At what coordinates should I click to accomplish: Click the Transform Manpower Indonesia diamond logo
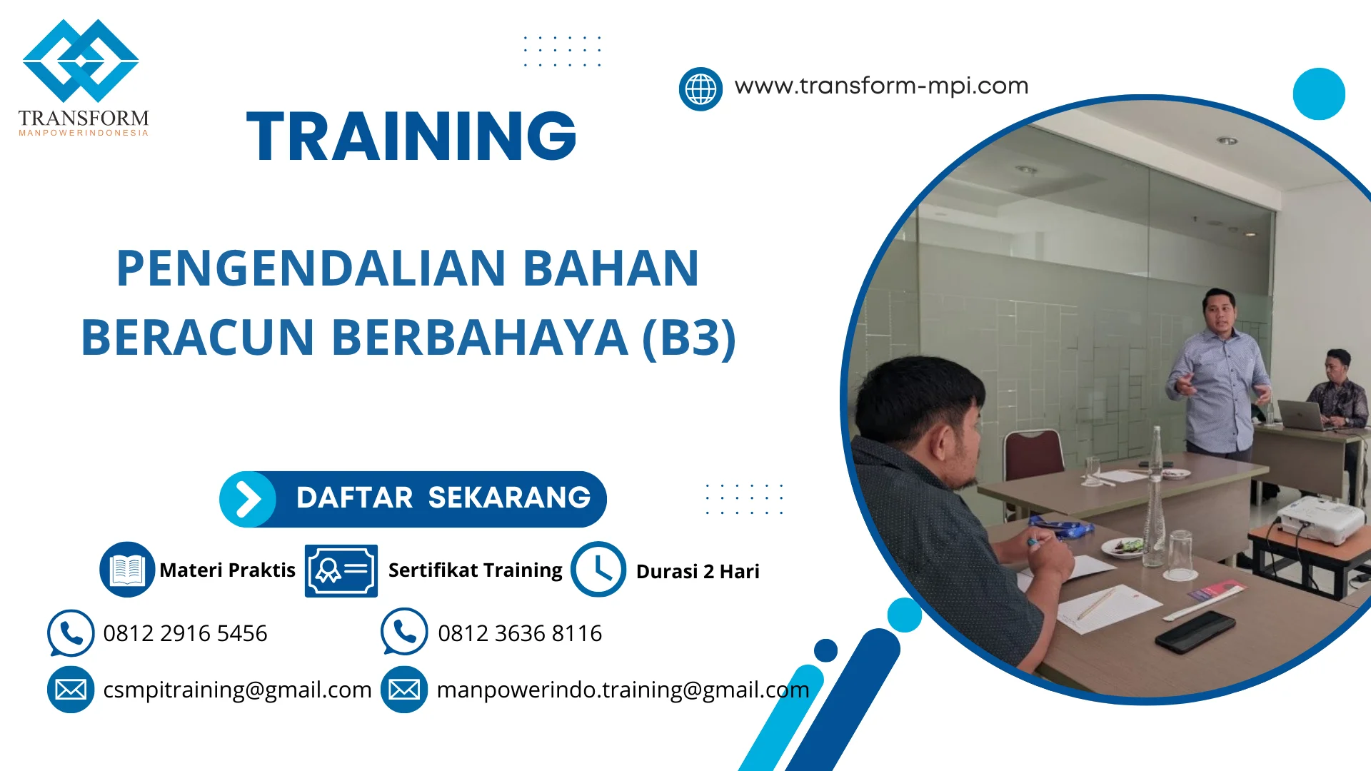tap(81, 61)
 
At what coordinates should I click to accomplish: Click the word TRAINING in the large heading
tap(411, 136)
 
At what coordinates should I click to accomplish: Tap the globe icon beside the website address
tap(700, 89)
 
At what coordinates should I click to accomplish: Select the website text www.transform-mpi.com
tap(881, 86)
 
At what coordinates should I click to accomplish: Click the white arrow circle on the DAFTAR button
tap(248, 499)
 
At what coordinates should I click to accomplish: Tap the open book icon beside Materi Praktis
tap(127, 570)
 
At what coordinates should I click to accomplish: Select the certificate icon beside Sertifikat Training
tap(341, 570)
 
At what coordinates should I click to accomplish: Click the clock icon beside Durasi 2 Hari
tap(598, 570)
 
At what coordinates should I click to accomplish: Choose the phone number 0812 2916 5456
tap(185, 633)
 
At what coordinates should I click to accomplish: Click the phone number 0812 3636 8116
tap(520, 633)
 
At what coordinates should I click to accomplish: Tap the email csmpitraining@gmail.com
tap(237, 690)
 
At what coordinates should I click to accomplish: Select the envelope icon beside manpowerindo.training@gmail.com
tap(404, 690)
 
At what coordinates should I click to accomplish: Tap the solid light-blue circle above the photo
tap(1319, 94)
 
